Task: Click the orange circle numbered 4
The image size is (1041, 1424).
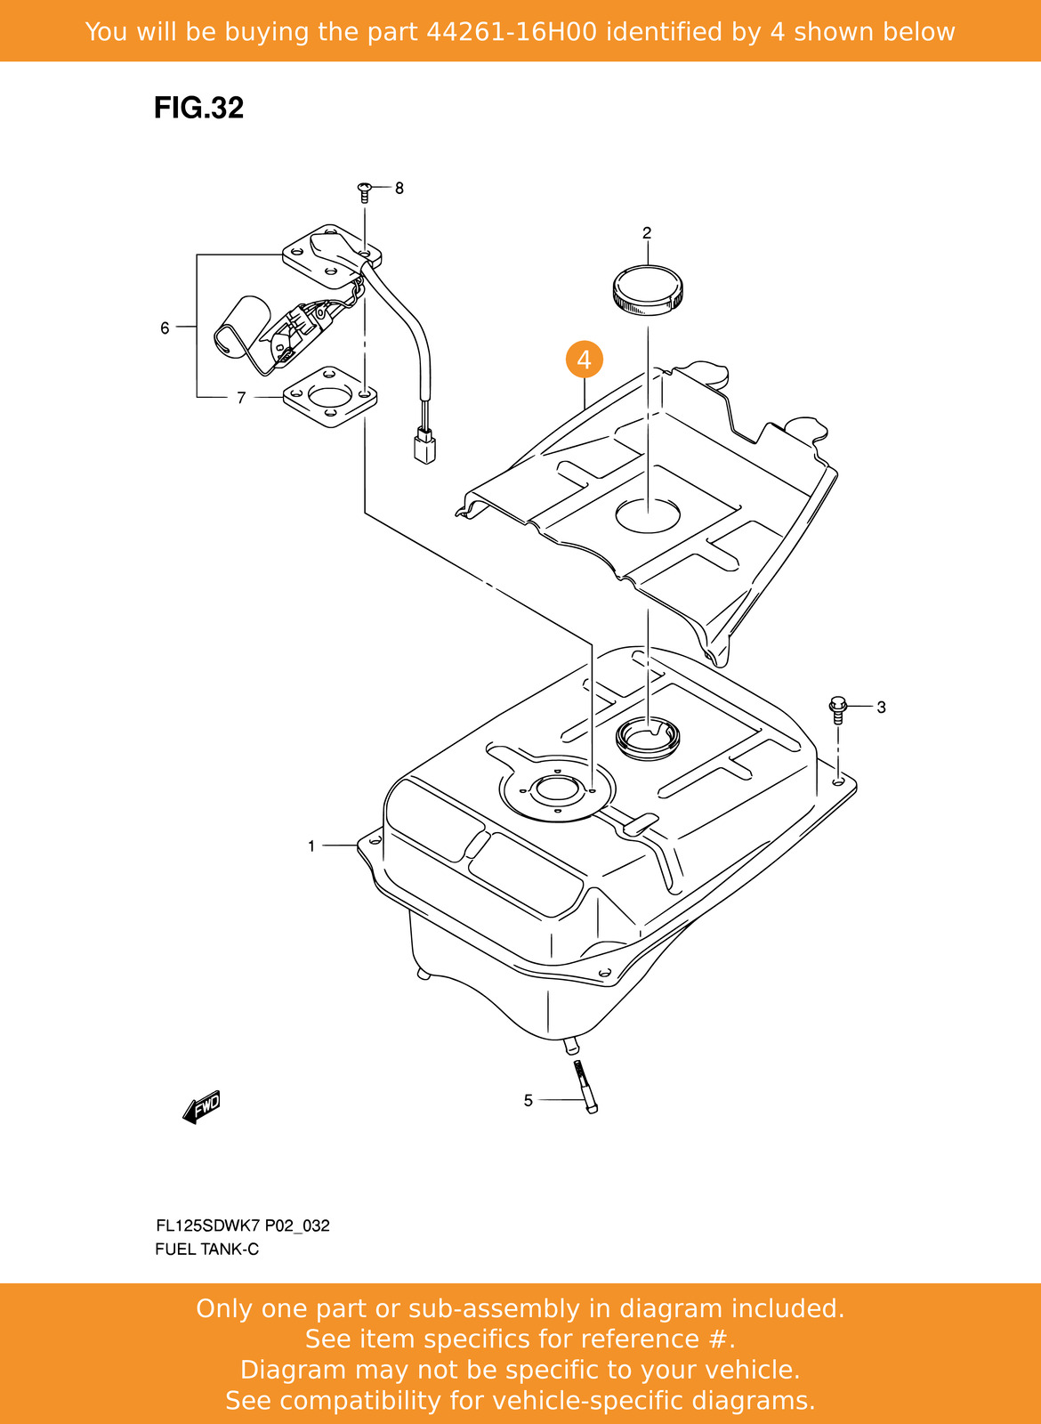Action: tap(584, 360)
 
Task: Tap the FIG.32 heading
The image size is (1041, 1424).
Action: tap(198, 108)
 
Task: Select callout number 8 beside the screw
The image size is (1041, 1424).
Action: tap(399, 189)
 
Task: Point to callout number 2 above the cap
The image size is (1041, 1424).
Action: tap(647, 233)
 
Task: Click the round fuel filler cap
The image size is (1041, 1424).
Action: tap(648, 291)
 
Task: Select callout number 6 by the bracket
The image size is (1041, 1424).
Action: tap(165, 328)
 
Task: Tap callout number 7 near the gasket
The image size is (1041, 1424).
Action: tap(241, 398)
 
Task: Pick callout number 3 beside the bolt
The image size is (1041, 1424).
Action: tap(881, 708)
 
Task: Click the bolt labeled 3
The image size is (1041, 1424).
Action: tap(837, 709)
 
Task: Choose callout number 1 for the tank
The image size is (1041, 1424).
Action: tap(311, 845)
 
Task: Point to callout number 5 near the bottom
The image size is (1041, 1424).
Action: tap(528, 1101)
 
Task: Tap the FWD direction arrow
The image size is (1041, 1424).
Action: tap(201, 1107)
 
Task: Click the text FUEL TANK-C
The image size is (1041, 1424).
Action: tap(206, 1250)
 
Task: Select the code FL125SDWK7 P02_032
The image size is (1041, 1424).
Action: tap(242, 1226)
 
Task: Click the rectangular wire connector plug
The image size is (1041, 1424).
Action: tap(424, 446)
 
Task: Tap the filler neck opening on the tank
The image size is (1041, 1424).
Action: tap(648, 735)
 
